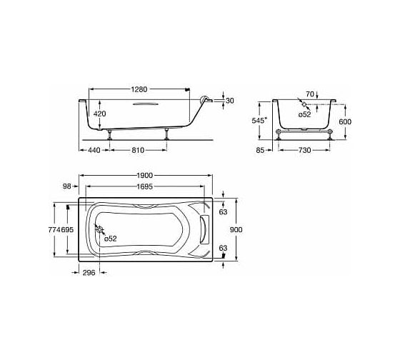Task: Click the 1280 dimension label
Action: coord(139,89)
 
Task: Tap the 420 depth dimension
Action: coord(99,114)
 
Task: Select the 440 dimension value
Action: coord(94,150)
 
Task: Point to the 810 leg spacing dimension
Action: coord(138,150)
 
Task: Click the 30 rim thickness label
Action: coord(230,101)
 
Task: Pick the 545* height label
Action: coord(259,121)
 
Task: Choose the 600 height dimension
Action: coord(345,121)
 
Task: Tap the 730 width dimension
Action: coord(305,150)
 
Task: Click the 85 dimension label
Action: coord(260,150)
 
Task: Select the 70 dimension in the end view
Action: coord(310,94)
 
